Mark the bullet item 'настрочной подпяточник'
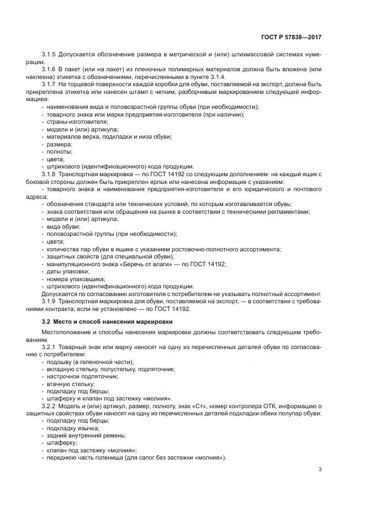pyautogui.click(x=83, y=376)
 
